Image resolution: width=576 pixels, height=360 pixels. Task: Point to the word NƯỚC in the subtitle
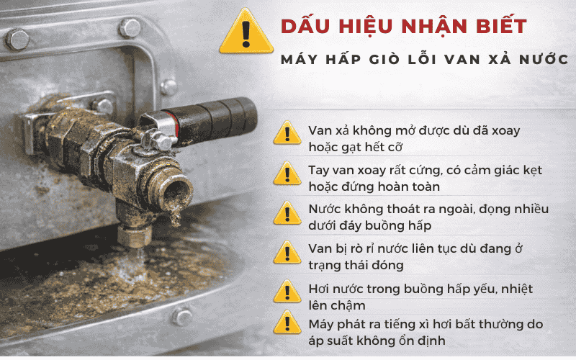(x=539, y=60)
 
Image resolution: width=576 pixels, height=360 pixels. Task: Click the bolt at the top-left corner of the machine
(x=17, y=38)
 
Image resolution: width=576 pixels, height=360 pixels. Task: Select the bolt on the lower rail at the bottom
(x=182, y=315)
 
